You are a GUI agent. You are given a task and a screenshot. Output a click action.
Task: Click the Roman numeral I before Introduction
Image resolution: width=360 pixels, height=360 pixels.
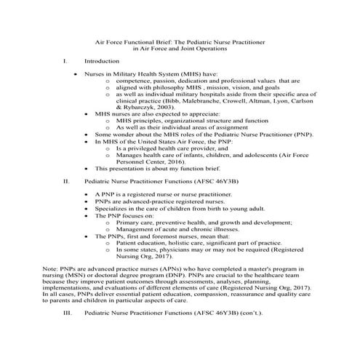65,62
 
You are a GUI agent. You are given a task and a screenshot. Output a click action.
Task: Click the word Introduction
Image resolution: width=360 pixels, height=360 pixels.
100,62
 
